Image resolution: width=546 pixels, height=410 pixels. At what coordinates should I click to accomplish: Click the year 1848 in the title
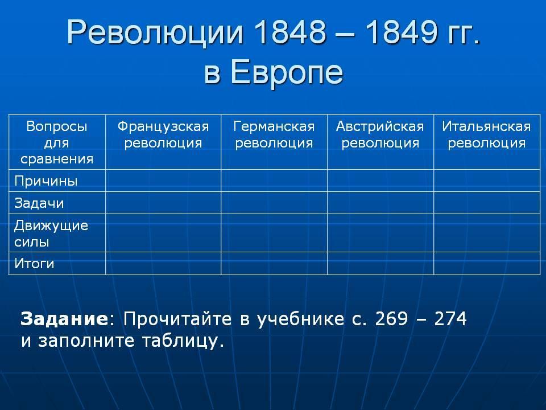tap(290, 32)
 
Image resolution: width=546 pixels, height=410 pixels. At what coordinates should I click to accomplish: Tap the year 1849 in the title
tap(402, 32)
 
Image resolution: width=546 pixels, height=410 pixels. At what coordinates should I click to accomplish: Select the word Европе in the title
tap(287, 72)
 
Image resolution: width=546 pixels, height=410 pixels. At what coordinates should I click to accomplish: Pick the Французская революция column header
tap(163, 134)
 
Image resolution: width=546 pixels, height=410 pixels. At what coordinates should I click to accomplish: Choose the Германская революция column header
tap(274, 134)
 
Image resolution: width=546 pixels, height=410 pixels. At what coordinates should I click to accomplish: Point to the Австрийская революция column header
tap(380, 134)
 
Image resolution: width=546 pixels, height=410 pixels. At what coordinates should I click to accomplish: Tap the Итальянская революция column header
tap(486, 134)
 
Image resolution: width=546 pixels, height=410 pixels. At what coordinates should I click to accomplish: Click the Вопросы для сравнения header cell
tap(57, 142)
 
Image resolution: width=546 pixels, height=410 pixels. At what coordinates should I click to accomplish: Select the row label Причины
tap(45, 181)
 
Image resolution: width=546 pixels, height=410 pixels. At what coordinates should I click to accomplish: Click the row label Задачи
tap(39, 203)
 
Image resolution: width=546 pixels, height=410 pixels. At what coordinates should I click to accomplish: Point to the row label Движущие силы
tap(51, 233)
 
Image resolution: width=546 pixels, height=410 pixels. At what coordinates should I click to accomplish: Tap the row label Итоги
tap(34, 263)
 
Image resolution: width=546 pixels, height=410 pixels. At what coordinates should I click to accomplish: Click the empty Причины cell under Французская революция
tap(163, 181)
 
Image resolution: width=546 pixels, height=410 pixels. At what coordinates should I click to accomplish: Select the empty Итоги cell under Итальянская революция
tap(487, 263)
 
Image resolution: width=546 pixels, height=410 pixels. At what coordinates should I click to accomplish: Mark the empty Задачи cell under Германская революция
tap(274, 203)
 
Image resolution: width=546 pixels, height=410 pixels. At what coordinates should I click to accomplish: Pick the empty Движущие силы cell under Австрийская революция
tap(380, 233)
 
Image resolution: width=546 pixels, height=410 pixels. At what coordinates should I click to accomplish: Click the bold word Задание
tap(64, 319)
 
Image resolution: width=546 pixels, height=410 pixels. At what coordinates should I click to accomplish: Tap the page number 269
tap(391, 319)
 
